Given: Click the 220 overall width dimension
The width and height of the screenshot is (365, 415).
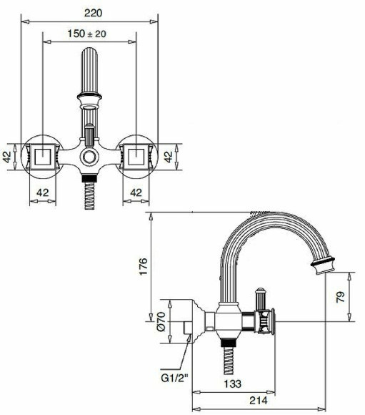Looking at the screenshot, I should click(91, 12).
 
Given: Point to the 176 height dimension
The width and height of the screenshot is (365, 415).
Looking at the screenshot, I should click(143, 267).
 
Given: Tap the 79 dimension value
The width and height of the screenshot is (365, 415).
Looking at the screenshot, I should click(341, 296).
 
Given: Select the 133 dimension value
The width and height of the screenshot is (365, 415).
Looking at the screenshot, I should click(233, 383).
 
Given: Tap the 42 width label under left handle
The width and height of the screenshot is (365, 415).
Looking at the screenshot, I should click(43, 191).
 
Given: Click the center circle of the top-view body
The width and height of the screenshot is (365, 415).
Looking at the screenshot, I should click(89, 157).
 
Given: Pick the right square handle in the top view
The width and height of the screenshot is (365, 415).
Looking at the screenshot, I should click(137, 156).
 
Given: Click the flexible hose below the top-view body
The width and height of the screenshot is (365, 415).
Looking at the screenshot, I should click(89, 195).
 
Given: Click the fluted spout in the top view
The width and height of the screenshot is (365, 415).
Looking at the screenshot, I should click(89, 72).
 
